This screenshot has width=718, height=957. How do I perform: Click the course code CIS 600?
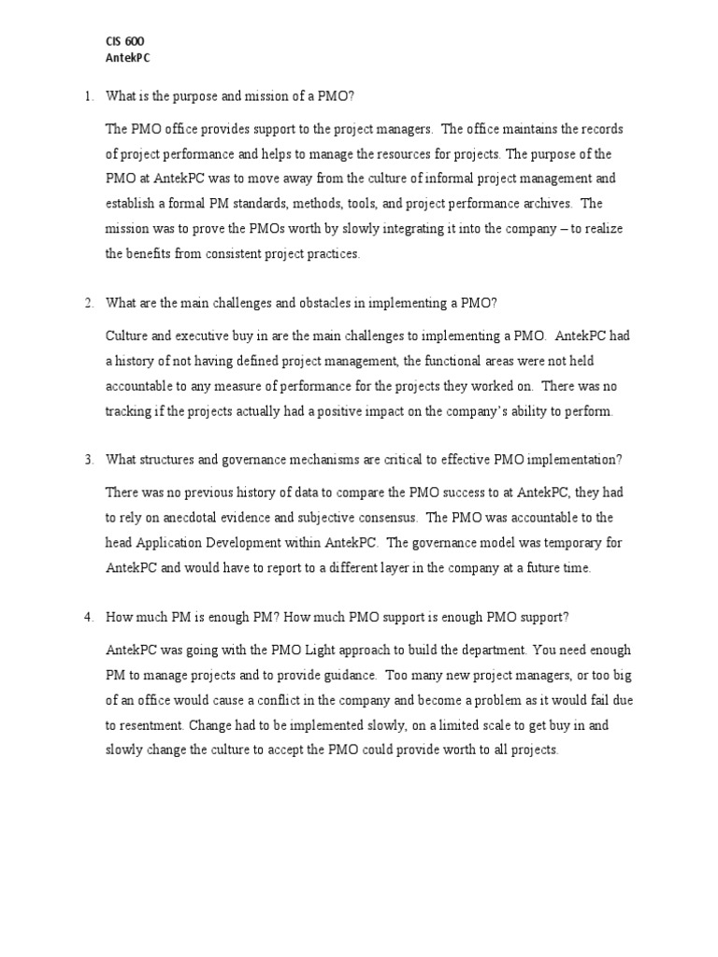[125, 42]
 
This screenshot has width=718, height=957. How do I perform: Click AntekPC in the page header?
[128, 58]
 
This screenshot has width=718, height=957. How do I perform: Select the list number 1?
[88, 96]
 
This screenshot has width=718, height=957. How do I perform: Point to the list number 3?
[88, 459]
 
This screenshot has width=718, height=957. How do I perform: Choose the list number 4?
[88, 616]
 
